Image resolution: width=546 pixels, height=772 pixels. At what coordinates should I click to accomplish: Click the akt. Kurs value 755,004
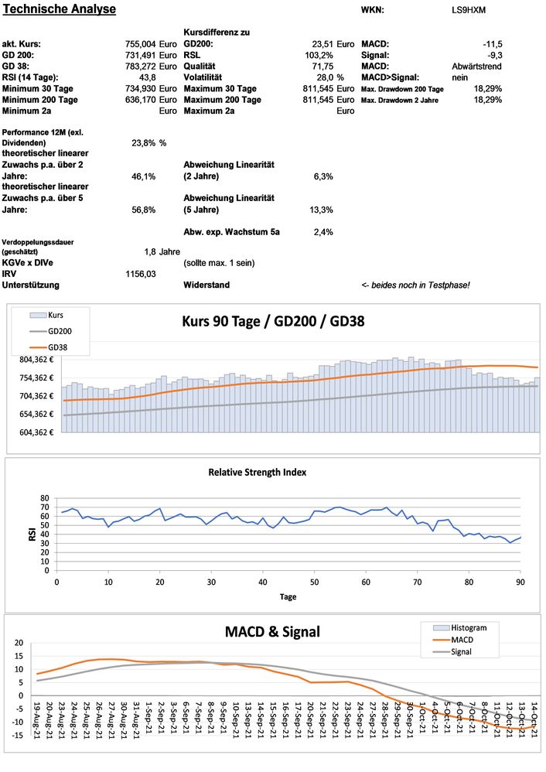140,44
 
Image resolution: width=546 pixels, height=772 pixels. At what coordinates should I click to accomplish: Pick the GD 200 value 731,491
140,55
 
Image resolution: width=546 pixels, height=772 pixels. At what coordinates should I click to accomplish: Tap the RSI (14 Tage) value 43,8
147,77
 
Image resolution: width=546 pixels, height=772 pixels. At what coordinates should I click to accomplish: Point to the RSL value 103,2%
319,55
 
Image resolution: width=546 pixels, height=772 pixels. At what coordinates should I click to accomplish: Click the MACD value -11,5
492,44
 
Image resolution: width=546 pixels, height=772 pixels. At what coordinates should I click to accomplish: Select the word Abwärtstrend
477,67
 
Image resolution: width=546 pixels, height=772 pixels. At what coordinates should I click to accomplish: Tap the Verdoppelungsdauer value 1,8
150,251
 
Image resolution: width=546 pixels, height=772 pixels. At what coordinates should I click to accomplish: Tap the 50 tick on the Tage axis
314,581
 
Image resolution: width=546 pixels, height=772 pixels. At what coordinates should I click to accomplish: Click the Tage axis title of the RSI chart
287,596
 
